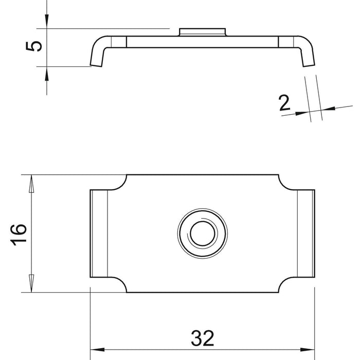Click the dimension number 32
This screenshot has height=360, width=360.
click(202, 338)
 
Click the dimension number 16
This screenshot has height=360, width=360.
click(19, 235)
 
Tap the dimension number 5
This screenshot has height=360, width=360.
click(34, 46)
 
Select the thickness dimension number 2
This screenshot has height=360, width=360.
click(284, 103)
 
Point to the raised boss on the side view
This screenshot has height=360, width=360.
click(202, 32)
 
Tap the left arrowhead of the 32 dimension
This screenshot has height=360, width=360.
click(97, 350)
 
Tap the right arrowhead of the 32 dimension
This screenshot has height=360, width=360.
click(308, 350)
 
